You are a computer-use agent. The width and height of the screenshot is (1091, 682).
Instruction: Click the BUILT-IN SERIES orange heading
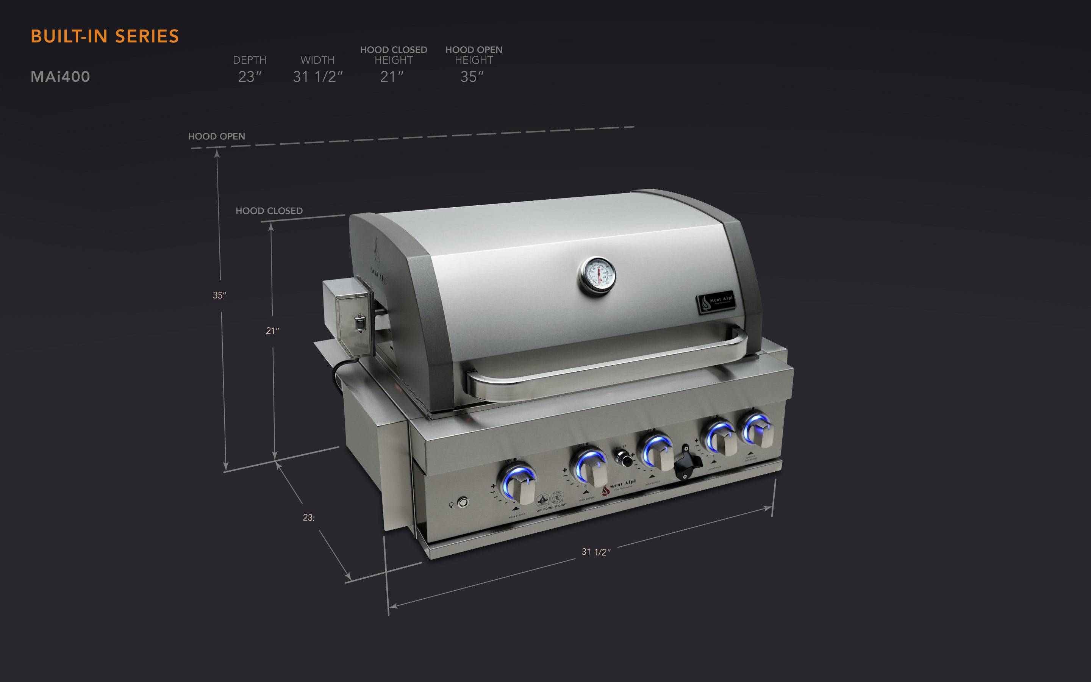click(105, 36)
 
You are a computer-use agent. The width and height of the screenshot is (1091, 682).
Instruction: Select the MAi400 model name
click(60, 77)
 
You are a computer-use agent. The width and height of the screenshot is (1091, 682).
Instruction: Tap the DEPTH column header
click(249, 60)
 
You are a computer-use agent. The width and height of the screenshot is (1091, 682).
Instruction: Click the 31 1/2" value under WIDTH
click(318, 77)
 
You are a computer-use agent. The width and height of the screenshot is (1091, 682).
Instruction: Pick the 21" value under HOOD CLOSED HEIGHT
click(391, 77)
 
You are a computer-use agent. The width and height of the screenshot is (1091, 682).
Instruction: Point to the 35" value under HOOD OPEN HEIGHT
click(472, 77)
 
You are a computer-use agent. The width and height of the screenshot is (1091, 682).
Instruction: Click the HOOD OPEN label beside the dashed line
click(216, 136)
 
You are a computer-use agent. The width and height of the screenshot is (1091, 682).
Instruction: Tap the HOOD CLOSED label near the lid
click(269, 211)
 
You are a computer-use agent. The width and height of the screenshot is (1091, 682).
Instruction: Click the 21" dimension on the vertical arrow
click(272, 331)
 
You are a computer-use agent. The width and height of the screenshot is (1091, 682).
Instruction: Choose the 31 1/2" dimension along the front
click(596, 552)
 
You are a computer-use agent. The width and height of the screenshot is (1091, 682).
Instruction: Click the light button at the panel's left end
click(463, 502)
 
